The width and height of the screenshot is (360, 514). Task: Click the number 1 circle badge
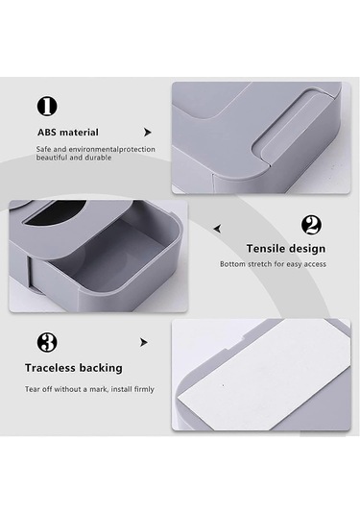47,107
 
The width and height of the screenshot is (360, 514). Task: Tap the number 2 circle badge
311,225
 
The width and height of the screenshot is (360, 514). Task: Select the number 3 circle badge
47,342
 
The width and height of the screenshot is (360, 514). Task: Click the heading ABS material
68,133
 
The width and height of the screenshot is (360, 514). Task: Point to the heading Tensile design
286,249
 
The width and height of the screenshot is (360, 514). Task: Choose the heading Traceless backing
74,368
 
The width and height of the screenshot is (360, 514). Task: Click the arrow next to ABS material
148,133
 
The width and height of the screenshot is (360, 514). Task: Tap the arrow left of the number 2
217,229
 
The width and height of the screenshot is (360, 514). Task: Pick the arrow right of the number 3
143,342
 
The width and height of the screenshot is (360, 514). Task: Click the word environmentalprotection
111,150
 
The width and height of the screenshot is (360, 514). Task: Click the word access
315,264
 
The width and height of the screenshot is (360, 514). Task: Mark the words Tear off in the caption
38,389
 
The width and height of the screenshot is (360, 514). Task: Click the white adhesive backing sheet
264,375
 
